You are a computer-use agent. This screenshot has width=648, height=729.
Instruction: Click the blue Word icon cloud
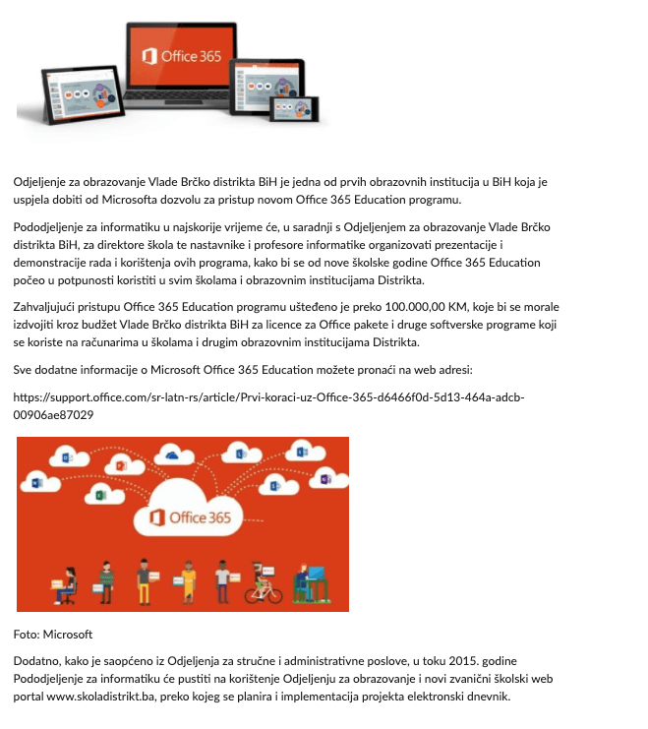click(36, 483)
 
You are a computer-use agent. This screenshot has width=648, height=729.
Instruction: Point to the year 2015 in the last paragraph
click(492, 661)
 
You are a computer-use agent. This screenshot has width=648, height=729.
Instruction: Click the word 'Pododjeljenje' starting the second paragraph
click(50, 227)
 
